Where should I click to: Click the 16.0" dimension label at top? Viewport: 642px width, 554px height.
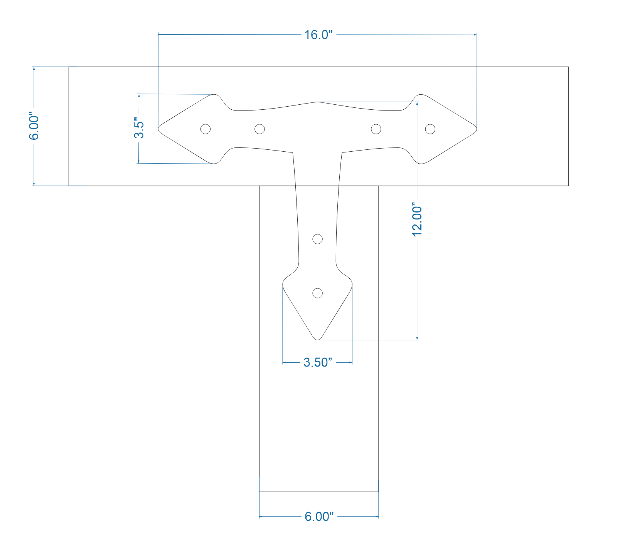pos(318,35)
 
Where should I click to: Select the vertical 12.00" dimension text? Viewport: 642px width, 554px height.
pos(418,219)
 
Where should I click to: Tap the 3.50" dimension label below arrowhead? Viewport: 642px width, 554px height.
pos(317,362)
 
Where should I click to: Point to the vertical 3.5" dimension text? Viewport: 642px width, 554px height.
pos(139,128)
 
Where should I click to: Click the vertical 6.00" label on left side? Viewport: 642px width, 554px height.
pos(34,127)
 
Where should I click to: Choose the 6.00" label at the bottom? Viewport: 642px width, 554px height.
pos(319,516)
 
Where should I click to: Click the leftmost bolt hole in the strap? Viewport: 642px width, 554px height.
pos(206,129)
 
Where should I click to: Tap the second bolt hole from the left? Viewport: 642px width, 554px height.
pos(259,129)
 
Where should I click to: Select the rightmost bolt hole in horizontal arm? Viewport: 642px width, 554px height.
pos(430,129)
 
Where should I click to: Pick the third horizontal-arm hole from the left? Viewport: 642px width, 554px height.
pos(376,129)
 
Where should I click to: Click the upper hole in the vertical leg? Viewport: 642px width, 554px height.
pos(317,239)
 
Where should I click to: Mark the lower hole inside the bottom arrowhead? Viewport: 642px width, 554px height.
pos(317,293)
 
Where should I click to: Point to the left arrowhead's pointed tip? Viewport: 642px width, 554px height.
pos(159,127)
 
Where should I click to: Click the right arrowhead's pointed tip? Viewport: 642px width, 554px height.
pos(477,127)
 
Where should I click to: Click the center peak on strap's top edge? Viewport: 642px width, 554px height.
pos(317,102)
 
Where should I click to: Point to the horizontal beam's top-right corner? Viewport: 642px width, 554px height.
pos(568,67)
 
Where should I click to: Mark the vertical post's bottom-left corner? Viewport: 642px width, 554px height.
pos(259,492)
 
